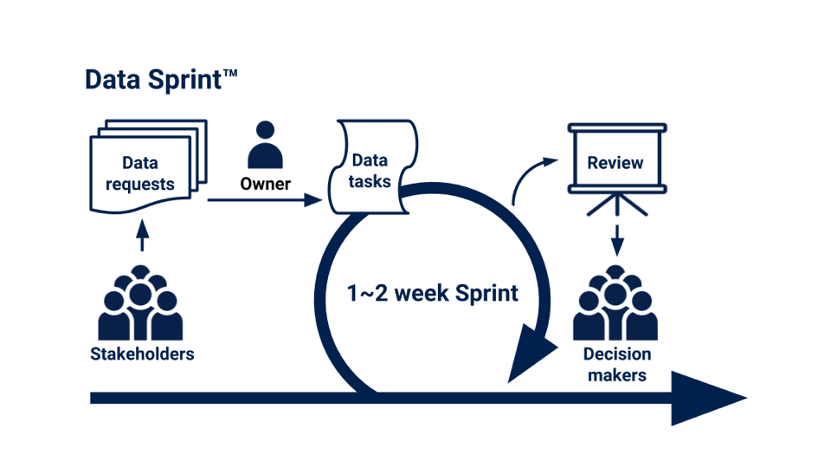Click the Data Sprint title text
(161, 80)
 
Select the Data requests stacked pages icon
(148, 166)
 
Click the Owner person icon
(265, 145)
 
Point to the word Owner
(265, 184)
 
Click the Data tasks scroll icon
(373, 166)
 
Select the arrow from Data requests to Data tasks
(265, 200)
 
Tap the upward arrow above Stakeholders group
(142, 235)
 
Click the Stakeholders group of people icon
(140, 302)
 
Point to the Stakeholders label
(142, 354)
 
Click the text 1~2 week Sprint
(433, 294)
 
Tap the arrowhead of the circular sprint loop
(531, 353)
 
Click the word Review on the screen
(615, 162)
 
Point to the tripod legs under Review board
(617, 205)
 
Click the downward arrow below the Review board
(617, 240)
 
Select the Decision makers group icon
(615, 302)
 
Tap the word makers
(617, 375)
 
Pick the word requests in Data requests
(140, 184)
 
